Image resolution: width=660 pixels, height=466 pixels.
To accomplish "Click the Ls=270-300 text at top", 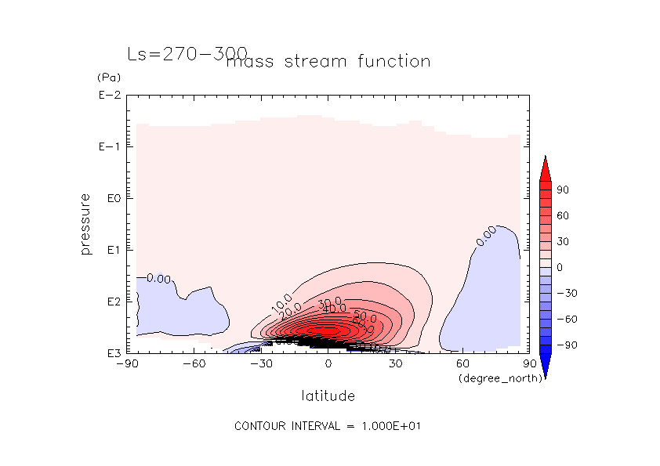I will click(187, 54).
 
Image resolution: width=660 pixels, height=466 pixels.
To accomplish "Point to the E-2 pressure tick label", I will click(109, 96).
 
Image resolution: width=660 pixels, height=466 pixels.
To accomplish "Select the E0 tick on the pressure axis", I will click(111, 198).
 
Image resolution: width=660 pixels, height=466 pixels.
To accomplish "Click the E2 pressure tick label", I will click(111, 302).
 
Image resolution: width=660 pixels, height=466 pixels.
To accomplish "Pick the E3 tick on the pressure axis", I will click(111, 353).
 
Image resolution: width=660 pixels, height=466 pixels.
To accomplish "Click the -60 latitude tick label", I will click(194, 364).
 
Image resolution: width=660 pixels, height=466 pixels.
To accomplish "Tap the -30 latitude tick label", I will click(261, 364).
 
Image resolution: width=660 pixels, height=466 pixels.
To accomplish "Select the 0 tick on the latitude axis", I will click(328, 364).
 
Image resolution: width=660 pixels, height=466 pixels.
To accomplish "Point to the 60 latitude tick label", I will click(462, 364).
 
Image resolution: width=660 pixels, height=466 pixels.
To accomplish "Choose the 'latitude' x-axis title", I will click(328, 396).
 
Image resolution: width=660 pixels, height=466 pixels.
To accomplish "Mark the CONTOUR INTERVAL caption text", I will click(329, 426).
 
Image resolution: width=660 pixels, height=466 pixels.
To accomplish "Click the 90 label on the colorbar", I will click(563, 190).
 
